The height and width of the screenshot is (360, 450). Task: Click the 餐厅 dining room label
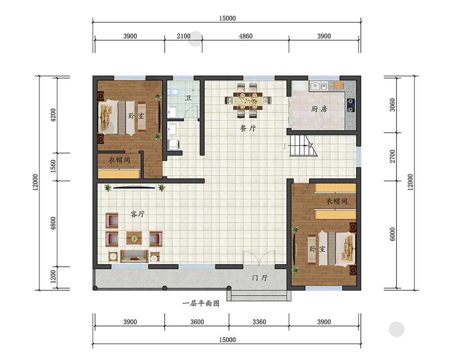[x=248, y=128]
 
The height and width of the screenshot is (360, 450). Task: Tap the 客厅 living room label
[x=138, y=214]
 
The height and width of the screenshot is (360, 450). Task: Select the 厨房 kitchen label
[x=319, y=109]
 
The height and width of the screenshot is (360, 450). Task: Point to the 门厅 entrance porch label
[x=260, y=278]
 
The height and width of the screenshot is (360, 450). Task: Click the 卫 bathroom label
[x=188, y=98]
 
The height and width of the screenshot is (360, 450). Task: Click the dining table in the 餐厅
[x=247, y=101]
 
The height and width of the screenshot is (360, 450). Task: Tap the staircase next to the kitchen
[x=303, y=145]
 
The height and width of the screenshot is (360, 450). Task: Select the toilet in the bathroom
[x=173, y=92]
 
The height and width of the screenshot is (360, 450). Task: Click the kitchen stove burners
[x=351, y=105]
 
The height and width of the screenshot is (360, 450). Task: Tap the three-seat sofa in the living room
[x=134, y=256]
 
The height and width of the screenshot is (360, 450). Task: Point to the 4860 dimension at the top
[x=246, y=36]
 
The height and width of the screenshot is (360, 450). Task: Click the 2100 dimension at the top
[x=184, y=36]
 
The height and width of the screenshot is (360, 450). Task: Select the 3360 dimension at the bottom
[x=259, y=322]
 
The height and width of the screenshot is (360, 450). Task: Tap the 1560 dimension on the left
[x=54, y=166]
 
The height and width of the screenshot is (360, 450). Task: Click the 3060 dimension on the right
[x=392, y=105]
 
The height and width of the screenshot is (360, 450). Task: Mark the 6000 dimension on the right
[x=392, y=234]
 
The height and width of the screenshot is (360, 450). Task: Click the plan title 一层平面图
[x=201, y=303]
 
